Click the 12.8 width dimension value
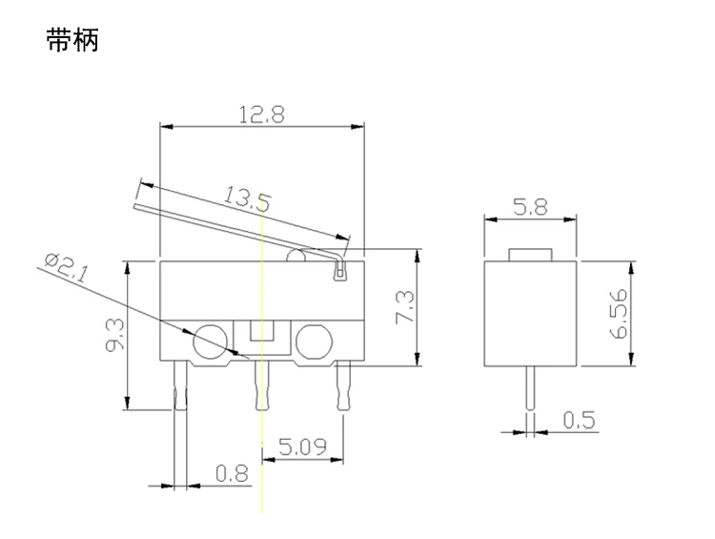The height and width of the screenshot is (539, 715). point(262,114)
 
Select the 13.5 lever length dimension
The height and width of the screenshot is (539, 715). point(247,199)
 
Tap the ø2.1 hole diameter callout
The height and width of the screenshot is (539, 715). point(66,267)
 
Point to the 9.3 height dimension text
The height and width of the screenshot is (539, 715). point(114,335)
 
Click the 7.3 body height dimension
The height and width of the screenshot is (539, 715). point(405,307)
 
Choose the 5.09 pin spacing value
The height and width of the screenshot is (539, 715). point(303,446)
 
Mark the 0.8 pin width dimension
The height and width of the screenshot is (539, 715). point(232,473)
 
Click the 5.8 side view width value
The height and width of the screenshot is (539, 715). point(530,207)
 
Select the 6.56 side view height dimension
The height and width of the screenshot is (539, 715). point(619,314)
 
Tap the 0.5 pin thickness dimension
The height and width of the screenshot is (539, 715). point(579,421)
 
